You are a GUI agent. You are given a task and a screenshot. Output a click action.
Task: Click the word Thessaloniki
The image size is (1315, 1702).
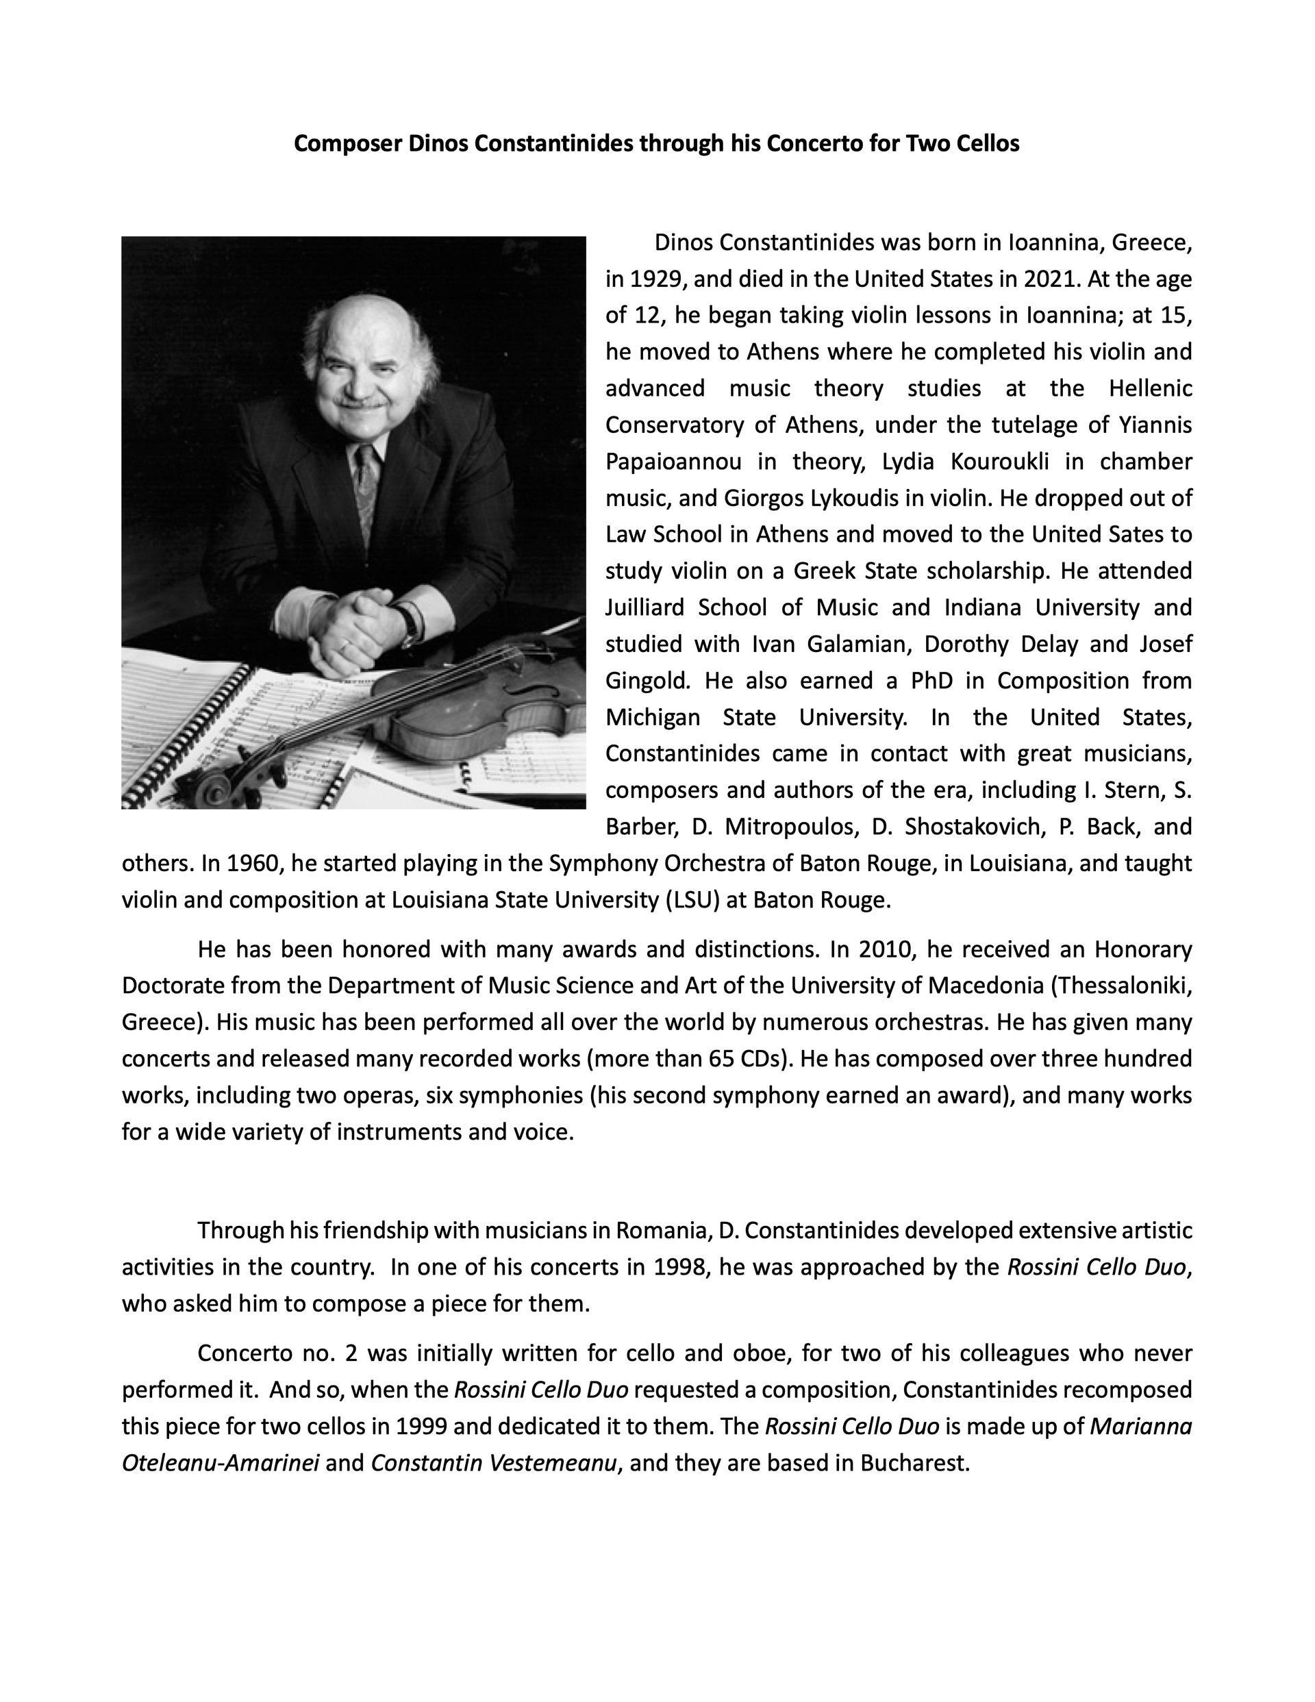(x=1122, y=986)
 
